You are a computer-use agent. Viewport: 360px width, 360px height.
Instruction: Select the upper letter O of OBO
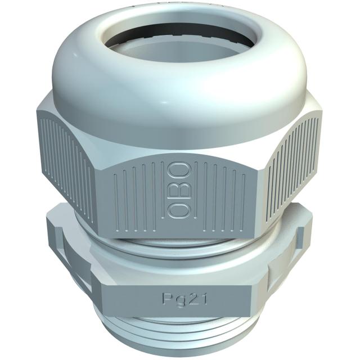tap(175, 170)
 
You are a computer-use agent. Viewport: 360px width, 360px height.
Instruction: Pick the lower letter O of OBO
tap(175, 209)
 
